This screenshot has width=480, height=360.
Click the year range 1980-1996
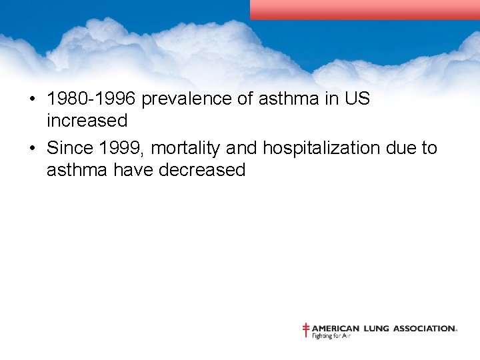[91, 99]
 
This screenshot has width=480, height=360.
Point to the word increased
[87, 121]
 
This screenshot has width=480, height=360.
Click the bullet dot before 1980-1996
[31, 99]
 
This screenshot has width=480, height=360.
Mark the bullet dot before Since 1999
[31, 148]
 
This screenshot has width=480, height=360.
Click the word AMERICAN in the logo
[336, 328]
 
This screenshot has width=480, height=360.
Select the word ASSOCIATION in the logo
[425, 328]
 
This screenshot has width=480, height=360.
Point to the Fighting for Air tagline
[331, 336]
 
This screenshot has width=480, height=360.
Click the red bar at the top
[365, 9]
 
